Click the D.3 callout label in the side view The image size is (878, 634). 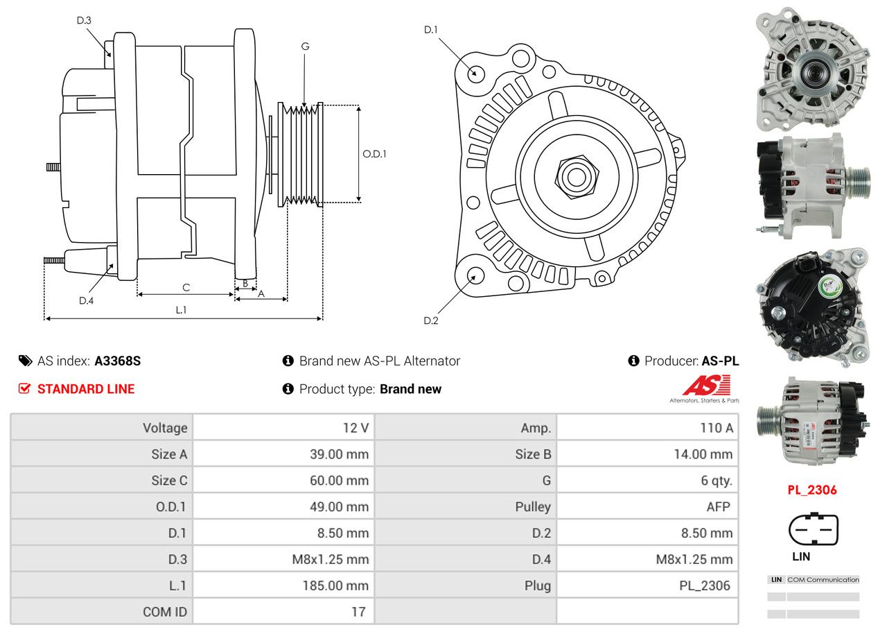tap(84, 20)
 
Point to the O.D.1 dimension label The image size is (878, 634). tap(374, 153)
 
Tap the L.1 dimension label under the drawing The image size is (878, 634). tap(181, 310)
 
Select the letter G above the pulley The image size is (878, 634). tap(305, 46)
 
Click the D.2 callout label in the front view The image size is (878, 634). tap(431, 320)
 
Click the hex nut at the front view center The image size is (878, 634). tap(574, 175)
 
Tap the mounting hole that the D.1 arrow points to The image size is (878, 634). tap(475, 73)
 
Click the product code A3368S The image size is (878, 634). tap(118, 361)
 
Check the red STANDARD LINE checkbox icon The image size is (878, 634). tap(25, 389)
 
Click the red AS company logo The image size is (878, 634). tap(706, 386)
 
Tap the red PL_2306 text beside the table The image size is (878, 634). tap(811, 490)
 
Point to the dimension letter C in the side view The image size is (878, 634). tap(186, 288)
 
